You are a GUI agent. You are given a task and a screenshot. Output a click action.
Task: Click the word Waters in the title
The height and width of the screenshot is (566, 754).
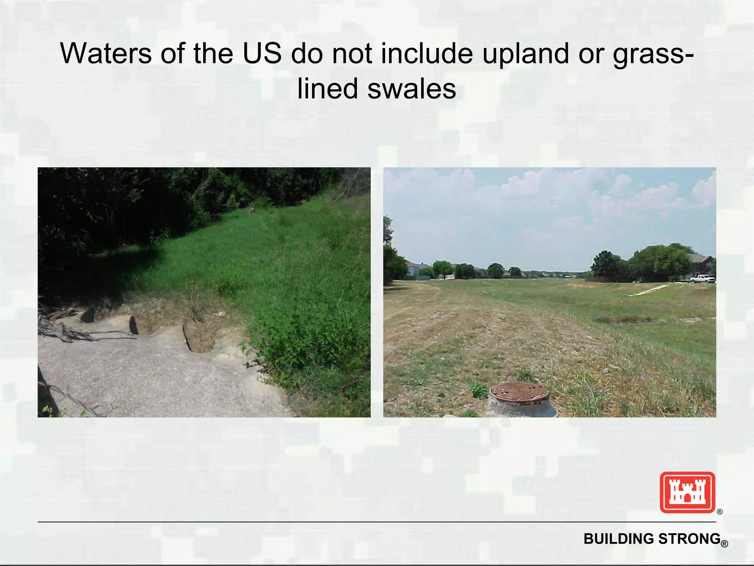click(x=106, y=53)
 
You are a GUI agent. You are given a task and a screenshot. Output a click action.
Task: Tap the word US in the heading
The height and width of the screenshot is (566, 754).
click(x=262, y=53)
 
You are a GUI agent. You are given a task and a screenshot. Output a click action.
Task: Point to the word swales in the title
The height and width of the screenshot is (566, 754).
click(x=412, y=89)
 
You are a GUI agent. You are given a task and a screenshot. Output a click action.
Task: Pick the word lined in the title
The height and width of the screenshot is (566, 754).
click(x=328, y=89)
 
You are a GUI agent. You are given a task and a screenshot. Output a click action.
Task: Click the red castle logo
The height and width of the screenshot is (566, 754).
click(x=687, y=492)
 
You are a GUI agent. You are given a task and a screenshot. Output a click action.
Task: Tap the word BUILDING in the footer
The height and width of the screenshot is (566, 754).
click(x=620, y=539)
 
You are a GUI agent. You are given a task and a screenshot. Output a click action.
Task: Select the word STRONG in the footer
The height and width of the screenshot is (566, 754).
click(x=689, y=539)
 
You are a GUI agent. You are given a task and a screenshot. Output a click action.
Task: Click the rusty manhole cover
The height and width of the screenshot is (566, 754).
click(x=519, y=391)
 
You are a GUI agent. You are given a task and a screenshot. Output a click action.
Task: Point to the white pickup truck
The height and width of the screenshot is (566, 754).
click(x=702, y=279)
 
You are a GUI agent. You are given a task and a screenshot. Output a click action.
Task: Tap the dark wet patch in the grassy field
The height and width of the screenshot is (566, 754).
click(x=622, y=319)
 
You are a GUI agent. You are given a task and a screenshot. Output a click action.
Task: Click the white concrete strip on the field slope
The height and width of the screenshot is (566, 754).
click(x=649, y=290)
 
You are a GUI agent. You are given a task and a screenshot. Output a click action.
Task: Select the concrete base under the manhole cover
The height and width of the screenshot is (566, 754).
click(x=521, y=407)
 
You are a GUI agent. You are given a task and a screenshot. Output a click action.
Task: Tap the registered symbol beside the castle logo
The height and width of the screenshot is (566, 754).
click(x=720, y=512)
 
